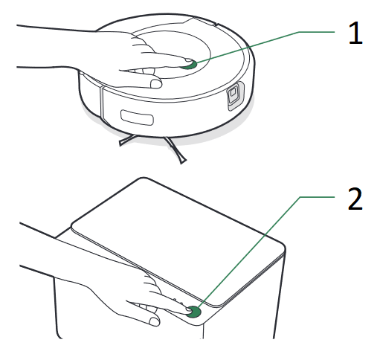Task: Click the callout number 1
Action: point(355,33)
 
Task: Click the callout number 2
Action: point(355,199)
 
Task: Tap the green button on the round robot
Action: point(190,65)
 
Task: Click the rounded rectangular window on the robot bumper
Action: point(137,118)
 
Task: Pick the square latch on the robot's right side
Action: point(234,94)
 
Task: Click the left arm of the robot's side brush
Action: point(127,141)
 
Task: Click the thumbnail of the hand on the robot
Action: point(156,83)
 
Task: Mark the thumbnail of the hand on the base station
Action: point(154,321)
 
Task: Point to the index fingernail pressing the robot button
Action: point(188,60)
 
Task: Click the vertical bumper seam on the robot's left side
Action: point(101,103)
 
